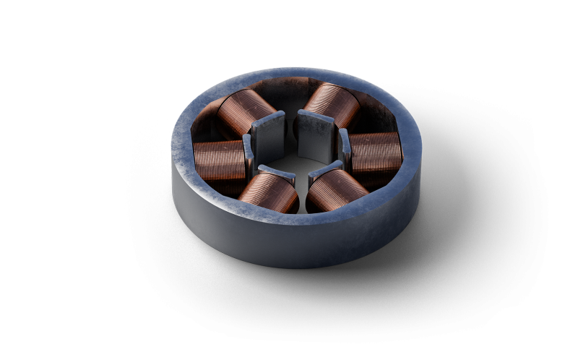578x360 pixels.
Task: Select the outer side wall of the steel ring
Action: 289,242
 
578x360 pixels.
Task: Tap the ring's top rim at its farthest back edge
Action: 289,73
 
